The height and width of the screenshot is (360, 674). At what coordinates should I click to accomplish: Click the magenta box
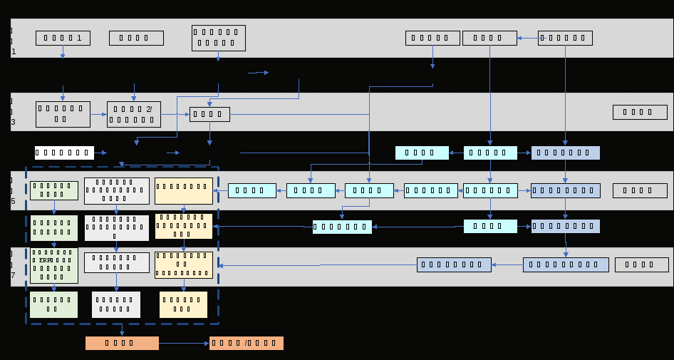click(64, 153)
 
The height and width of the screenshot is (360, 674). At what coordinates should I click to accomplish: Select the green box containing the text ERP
click(53, 265)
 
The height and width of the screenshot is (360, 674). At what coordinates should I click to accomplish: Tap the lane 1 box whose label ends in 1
click(63, 38)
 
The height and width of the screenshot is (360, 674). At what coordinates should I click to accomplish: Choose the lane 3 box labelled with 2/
click(133, 114)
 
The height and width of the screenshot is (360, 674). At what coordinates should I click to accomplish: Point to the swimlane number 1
click(14, 52)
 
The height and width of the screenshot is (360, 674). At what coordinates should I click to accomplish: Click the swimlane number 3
click(14, 122)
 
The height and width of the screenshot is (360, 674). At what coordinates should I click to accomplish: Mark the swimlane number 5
click(14, 202)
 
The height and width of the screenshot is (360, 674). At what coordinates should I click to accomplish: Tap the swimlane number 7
click(14, 275)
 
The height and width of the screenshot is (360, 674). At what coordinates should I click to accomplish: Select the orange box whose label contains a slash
click(247, 343)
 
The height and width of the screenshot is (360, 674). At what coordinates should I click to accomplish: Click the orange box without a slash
click(122, 343)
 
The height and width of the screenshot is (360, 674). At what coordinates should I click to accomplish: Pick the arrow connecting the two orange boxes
click(184, 343)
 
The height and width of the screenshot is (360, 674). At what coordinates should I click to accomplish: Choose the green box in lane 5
click(53, 190)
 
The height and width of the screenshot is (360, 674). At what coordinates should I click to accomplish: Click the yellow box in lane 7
click(184, 264)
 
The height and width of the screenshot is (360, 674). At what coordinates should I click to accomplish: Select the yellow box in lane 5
click(184, 190)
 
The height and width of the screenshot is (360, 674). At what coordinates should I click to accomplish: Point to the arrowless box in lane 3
click(640, 112)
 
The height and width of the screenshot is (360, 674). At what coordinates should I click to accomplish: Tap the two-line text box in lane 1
click(218, 38)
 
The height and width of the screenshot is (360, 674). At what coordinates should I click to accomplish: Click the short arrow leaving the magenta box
click(100, 153)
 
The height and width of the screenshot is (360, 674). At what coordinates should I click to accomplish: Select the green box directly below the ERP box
click(53, 304)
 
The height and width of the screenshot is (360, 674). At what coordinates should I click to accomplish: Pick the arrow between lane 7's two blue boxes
click(507, 265)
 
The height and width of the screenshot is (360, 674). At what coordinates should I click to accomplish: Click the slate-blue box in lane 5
click(565, 190)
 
